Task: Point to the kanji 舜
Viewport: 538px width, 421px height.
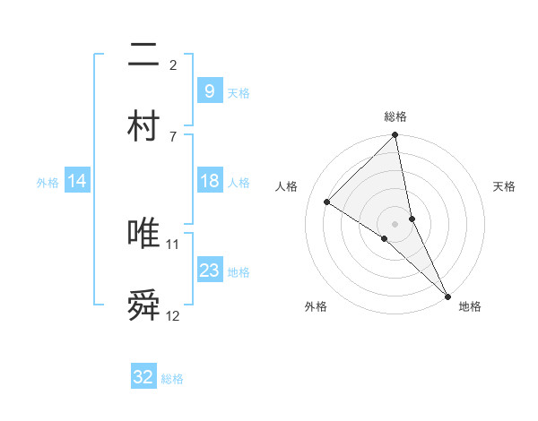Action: [144, 305]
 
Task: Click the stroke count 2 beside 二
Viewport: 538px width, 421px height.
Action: [172, 64]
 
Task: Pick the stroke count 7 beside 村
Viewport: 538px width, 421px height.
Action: [172, 135]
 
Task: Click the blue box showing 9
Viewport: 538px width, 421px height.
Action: [209, 90]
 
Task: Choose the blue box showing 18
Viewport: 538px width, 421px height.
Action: [209, 181]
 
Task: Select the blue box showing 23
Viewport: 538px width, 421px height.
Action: [209, 271]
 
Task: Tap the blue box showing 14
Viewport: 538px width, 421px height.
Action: [77, 181]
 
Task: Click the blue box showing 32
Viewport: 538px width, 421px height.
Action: [143, 377]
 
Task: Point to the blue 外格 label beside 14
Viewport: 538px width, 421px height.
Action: [48, 182]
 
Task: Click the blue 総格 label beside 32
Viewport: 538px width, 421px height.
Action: [172, 379]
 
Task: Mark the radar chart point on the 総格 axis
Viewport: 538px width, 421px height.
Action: [395, 136]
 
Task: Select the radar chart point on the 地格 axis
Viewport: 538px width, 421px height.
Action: [447, 296]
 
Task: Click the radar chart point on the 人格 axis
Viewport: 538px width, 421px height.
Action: [327, 202]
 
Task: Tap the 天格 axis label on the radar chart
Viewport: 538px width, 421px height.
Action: [504, 186]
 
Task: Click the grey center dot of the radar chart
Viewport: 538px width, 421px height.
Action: [395, 222]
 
